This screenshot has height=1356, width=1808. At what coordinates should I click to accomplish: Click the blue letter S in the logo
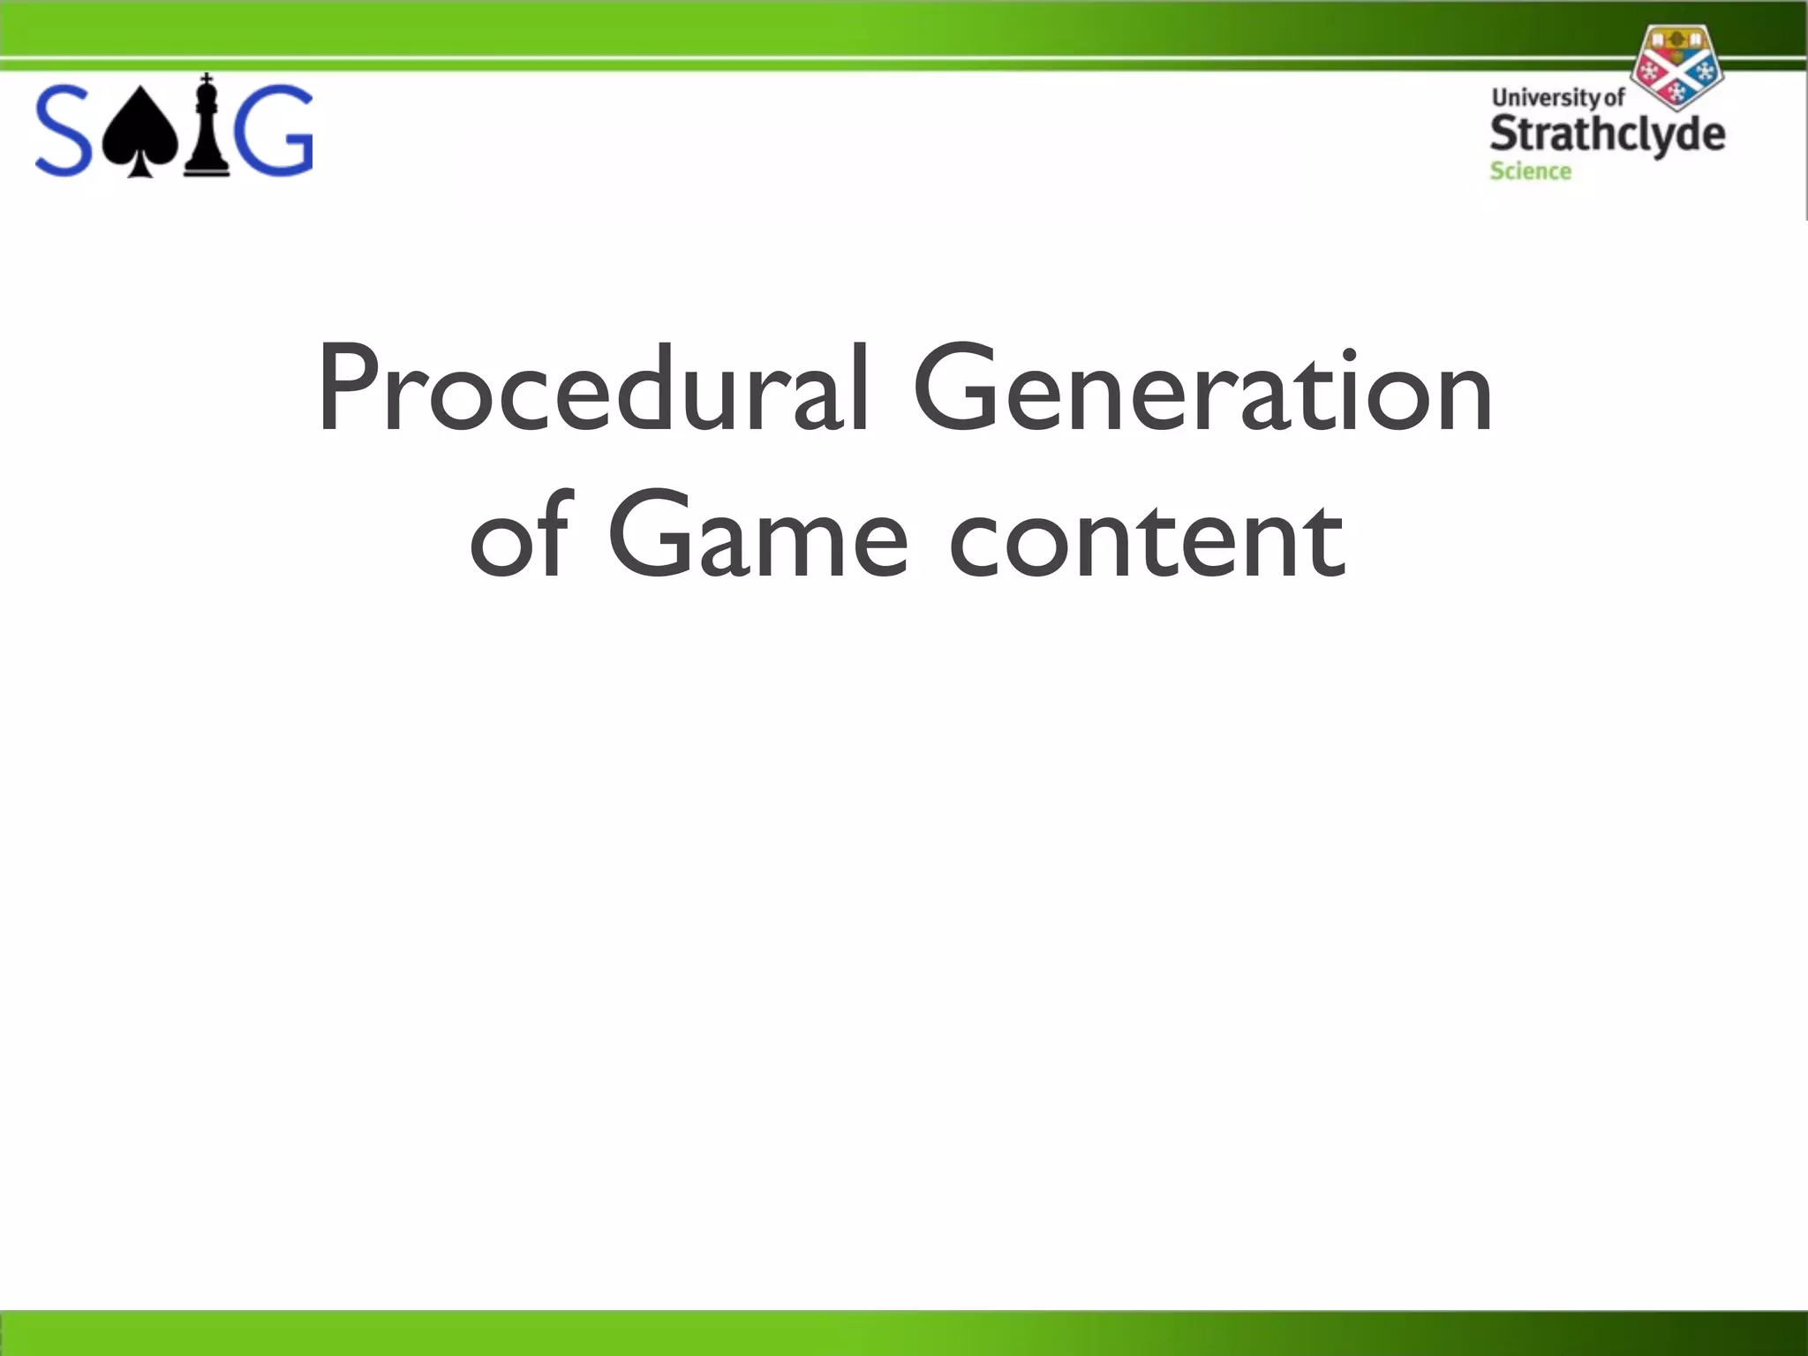[64, 131]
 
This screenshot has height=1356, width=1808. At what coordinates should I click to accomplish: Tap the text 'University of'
[1557, 97]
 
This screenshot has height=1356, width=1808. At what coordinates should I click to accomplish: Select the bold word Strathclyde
[1607, 134]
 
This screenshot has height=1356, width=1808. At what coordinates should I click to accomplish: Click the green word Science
[1530, 171]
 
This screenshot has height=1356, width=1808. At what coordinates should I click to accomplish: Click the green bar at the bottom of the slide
[904, 1333]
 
